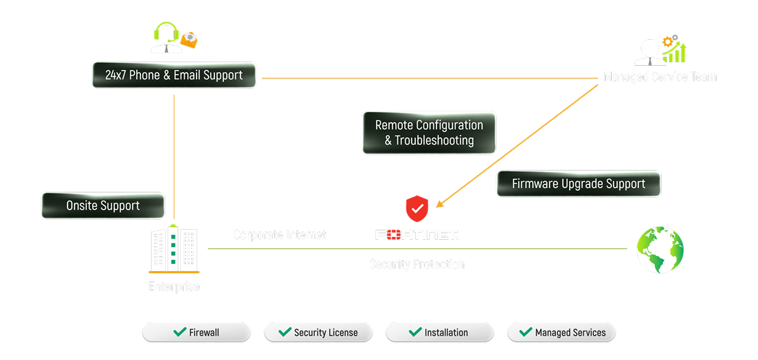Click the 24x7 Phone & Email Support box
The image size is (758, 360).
[174, 76]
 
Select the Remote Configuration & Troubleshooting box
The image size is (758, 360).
[429, 133]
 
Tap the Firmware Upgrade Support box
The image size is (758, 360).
[578, 184]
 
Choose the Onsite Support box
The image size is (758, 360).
[103, 206]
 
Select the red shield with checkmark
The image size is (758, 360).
[417, 208]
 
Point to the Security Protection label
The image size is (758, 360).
[417, 264]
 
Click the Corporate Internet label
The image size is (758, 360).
[280, 235]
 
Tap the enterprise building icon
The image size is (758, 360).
[174, 249]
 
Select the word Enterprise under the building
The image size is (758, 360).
[174, 287]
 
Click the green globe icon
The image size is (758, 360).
[660, 250]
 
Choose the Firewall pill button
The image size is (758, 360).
[196, 332]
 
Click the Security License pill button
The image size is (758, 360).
[318, 332]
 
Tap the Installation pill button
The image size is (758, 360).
[439, 332]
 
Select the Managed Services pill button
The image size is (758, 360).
[561, 332]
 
